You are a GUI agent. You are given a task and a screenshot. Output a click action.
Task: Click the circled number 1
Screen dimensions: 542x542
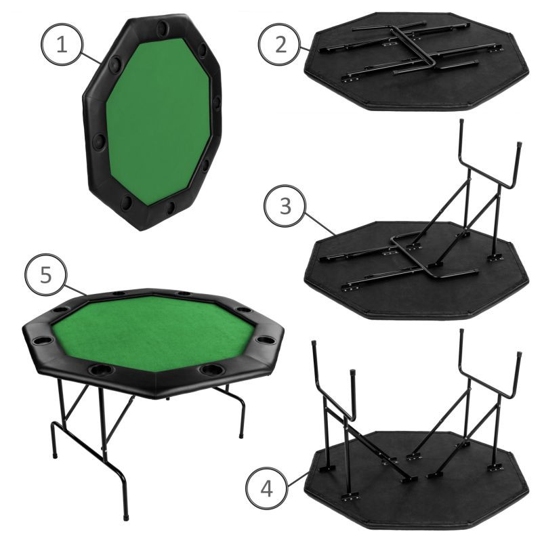(x=62, y=44)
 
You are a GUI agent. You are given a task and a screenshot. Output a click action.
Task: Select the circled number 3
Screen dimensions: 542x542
(x=285, y=206)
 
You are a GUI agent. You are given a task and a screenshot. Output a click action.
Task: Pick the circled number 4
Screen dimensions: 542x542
(x=266, y=488)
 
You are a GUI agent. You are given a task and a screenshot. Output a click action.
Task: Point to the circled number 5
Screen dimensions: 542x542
(x=45, y=275)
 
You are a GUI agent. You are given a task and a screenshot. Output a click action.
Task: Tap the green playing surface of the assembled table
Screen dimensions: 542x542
(x=153, y=332)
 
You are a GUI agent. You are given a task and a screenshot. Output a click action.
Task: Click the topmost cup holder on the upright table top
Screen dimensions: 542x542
(x=162, y=27)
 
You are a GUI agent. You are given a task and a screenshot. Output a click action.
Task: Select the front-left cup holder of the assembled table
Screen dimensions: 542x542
(x=100, y=370)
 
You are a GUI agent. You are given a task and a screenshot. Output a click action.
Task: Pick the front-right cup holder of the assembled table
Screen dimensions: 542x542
(x=213, y=369)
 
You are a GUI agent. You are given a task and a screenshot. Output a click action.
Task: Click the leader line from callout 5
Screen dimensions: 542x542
(x=76, y=291)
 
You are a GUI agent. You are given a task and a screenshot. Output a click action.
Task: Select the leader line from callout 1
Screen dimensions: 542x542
(x=91, y=58)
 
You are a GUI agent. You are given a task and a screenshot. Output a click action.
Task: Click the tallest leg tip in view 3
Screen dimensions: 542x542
(x=461, y=122)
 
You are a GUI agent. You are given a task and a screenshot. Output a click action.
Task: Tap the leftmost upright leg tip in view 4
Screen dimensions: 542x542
(x=314, y=344)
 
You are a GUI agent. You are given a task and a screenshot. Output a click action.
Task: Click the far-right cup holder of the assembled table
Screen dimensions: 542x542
(x=265, y=339)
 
